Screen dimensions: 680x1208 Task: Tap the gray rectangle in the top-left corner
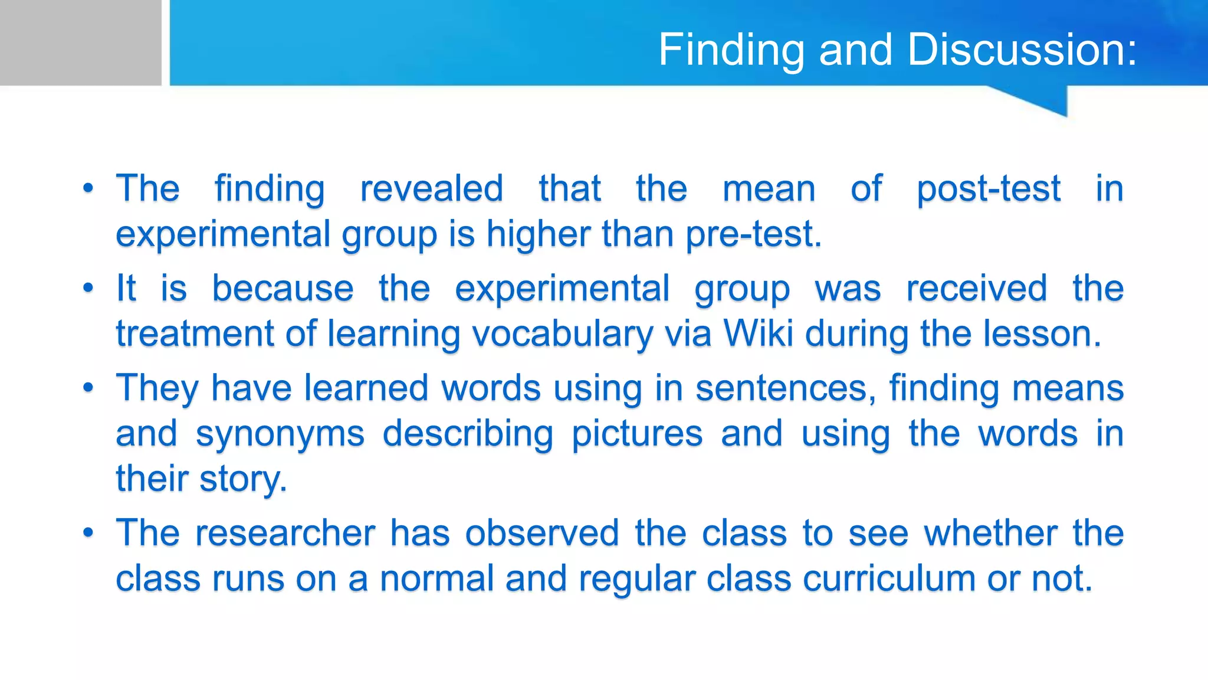(80, 42)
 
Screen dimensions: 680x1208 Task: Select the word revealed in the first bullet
(431, 189)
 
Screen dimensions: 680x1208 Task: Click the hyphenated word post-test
(989, 189)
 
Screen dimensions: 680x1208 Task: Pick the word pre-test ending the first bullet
(753, 234)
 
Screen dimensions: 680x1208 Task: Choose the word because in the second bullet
(283, 289)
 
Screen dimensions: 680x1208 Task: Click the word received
(977, 289)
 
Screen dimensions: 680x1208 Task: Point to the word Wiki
(758, 334)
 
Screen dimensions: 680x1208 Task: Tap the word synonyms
(280, 434)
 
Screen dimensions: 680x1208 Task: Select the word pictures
(637, 434)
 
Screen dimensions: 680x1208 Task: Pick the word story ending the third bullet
(242, 479)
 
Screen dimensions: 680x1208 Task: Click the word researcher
(285, 533)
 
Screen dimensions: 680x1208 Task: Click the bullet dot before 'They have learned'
(88, 388)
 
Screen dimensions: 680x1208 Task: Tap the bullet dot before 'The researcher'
(88, 533)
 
